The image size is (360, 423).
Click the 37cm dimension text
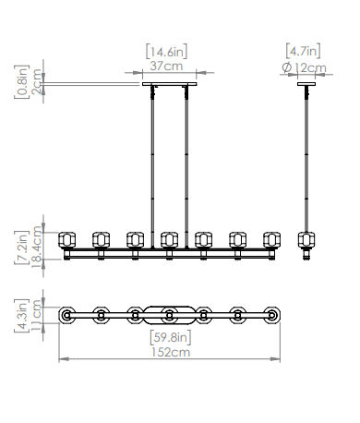click(x=166, y=66)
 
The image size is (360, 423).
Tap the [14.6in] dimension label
click(x=166, y=52)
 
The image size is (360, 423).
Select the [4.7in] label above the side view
click(x=303, y=51)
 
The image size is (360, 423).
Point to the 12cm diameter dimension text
click(x=310, y=68)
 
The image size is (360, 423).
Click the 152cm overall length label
click(x=171, y=352)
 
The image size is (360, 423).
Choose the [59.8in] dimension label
click(x=171, y=337)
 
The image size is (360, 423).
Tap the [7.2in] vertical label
click(x=21, y=248)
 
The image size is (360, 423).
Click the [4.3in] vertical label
click(x=21, y=316)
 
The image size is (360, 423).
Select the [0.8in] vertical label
click(x=21, y=81)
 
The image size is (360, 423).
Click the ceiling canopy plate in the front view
click(x=170, y=84)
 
